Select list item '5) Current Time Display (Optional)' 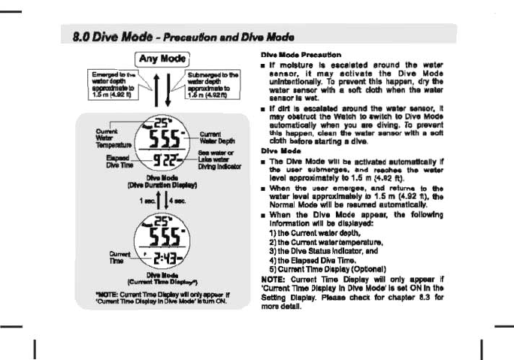pos(324,269)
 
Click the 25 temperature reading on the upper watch pos(162,123)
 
